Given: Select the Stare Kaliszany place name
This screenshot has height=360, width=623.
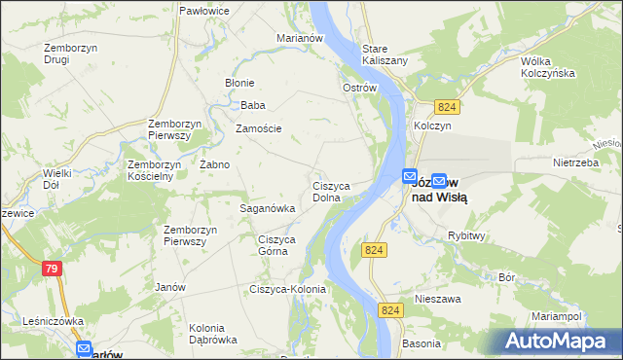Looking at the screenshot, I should [384, 54].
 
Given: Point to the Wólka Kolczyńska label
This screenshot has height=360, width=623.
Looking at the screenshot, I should [547, 66].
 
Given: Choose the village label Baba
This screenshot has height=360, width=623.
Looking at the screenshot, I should [253, 105].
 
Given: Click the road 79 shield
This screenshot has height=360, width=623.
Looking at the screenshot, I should [53, 268].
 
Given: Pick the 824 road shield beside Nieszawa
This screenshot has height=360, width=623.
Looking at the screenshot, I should [390, 309].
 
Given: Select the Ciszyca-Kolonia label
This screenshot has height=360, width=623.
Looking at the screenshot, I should [287, 289].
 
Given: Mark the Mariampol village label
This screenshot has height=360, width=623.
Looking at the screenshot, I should [556, 317].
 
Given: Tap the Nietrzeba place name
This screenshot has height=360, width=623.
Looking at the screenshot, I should [573, 162].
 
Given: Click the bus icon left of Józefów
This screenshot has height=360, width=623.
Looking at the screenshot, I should [409, 176].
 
